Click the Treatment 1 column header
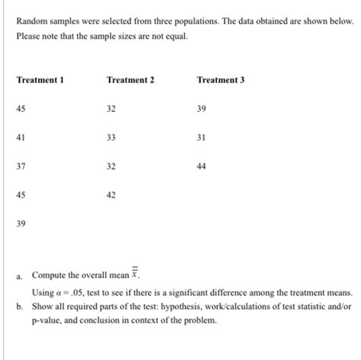tap(40, 81)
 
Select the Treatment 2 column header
tap(131, 81)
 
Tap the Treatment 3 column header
tap(220, 81)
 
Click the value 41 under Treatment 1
tap(21, 138)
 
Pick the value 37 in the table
tap(21, 167)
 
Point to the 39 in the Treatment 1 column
tap(21, 224)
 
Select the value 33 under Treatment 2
tap(111, 138)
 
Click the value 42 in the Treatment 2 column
tap(111, 195)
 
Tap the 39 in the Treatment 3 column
tap(201, 110)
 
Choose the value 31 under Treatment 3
tap(201, 138)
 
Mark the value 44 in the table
tap(201, 167)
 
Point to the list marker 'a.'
tap(20, 277)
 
